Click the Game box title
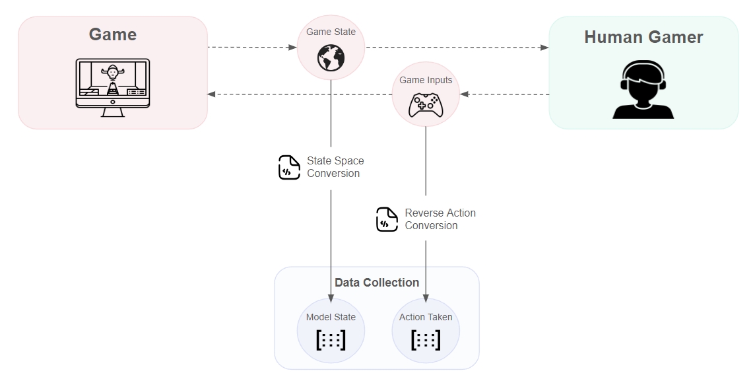pyautogui.click(x=113, y=34)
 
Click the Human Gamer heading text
pyautogui.click(x=643, y=37)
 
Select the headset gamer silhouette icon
pyautogui.click(x=643, y=89)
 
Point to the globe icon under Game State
pyautogui.click(x=331, y=57)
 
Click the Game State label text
pyautogui.click(x=331, y=32)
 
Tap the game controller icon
pyautogui.click(x=426, y=104)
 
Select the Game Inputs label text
pyautogui.click(x=426, y=80)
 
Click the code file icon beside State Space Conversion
pyautogui.click(x=289, y=167)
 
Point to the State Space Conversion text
pyautogui.click(x=335, y=167)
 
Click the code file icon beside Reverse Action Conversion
pyautogui.click(x=387, y=219)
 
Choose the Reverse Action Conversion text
pyautogui.click(x=440, y=219)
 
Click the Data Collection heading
pyautogui.click(x=377, y=283)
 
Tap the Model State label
pyautogui.click(x=331, y=317)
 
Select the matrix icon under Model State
pyautogui.click(x=331, y=340)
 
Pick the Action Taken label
pyautogui.click(x=426, y=317)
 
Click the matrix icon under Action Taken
pyautogui.click(x=426, y=340)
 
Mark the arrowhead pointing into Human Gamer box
pyautogui.click(x=544, y=48)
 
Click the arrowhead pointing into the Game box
pyautogui.click(x=212, y=94)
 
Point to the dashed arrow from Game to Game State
pyautogui.click(x=251, y=48)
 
